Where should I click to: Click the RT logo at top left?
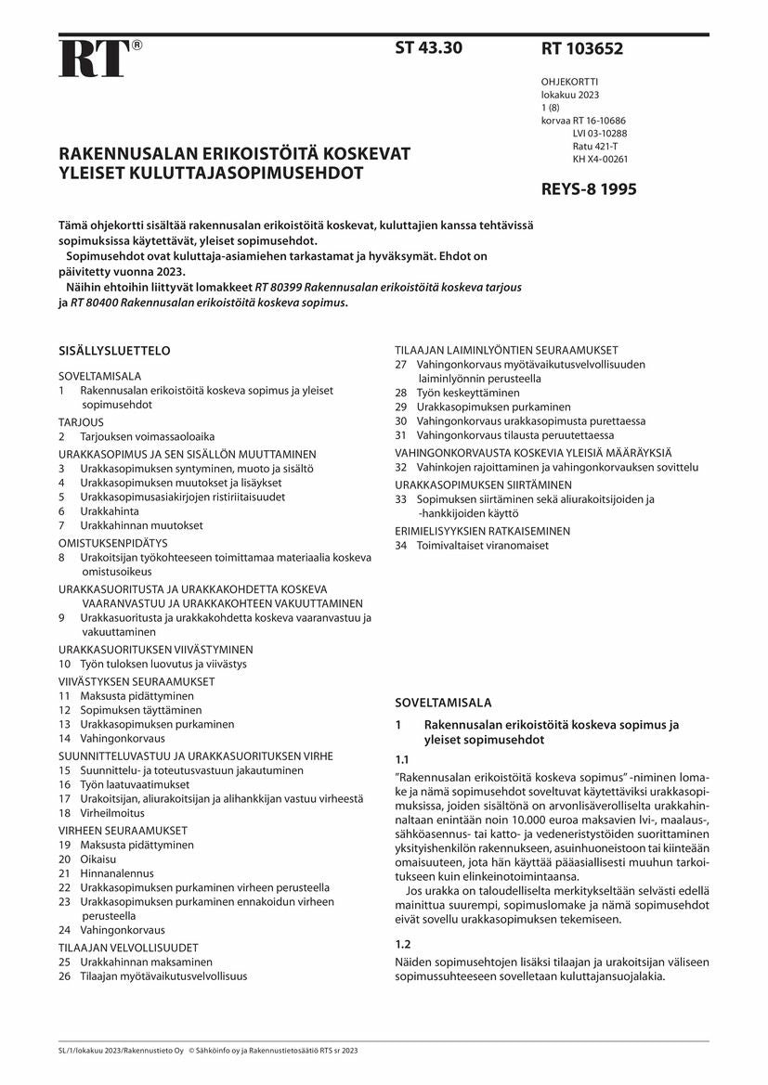[x=93, y=59]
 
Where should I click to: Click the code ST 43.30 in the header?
[x=428, y=48]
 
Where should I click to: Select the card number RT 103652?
[x=581, y=49]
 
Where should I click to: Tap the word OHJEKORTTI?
[x=570, y=82]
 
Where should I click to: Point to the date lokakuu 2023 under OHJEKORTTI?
[x=570, y=95]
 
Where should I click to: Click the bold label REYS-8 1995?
[x=589, y=190]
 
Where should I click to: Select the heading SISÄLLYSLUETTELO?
[x=114, y=351]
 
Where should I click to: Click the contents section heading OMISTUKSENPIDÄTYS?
[x=112, y=542]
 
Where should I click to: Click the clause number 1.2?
[x=403, y=943]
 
